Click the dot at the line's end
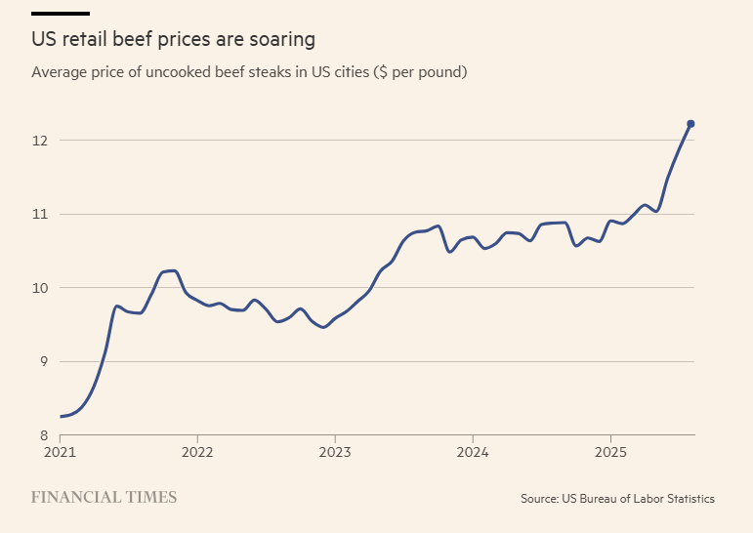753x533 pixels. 690,124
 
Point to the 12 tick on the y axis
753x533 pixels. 39,141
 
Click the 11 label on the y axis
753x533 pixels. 39,214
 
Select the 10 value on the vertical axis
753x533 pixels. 39,288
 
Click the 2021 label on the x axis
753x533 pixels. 60,453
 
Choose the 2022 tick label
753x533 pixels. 197,453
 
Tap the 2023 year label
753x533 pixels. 335,453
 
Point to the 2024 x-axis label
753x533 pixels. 473,453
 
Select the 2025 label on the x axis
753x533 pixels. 610,453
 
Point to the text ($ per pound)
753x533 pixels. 421,73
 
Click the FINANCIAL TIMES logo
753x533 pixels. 104,498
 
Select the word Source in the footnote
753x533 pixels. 539,499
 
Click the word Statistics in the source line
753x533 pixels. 688,499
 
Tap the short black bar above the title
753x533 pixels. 61,14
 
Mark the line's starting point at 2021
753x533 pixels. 61,417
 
